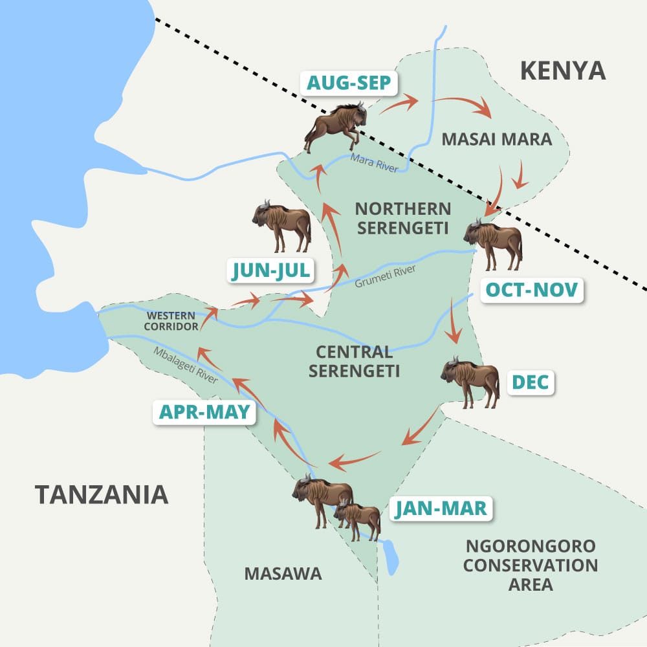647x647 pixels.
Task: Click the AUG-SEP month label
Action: click(347, 83)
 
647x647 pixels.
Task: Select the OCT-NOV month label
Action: click(532, 289)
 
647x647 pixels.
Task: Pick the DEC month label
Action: click(531, 382)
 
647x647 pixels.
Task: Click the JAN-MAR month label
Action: click(441, 509)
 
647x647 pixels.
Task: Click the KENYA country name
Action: click(563, 71)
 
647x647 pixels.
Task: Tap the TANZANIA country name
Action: click(102, 494)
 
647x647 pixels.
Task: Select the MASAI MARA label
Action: click(497, 139)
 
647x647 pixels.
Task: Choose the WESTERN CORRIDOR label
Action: click(171, 321)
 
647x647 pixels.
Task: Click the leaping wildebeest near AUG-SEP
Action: click(336, 126)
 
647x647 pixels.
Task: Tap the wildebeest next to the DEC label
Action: click(471, 382)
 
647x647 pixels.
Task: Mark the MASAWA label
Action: click(283, 573)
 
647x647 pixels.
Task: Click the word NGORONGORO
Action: click(531, 545)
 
